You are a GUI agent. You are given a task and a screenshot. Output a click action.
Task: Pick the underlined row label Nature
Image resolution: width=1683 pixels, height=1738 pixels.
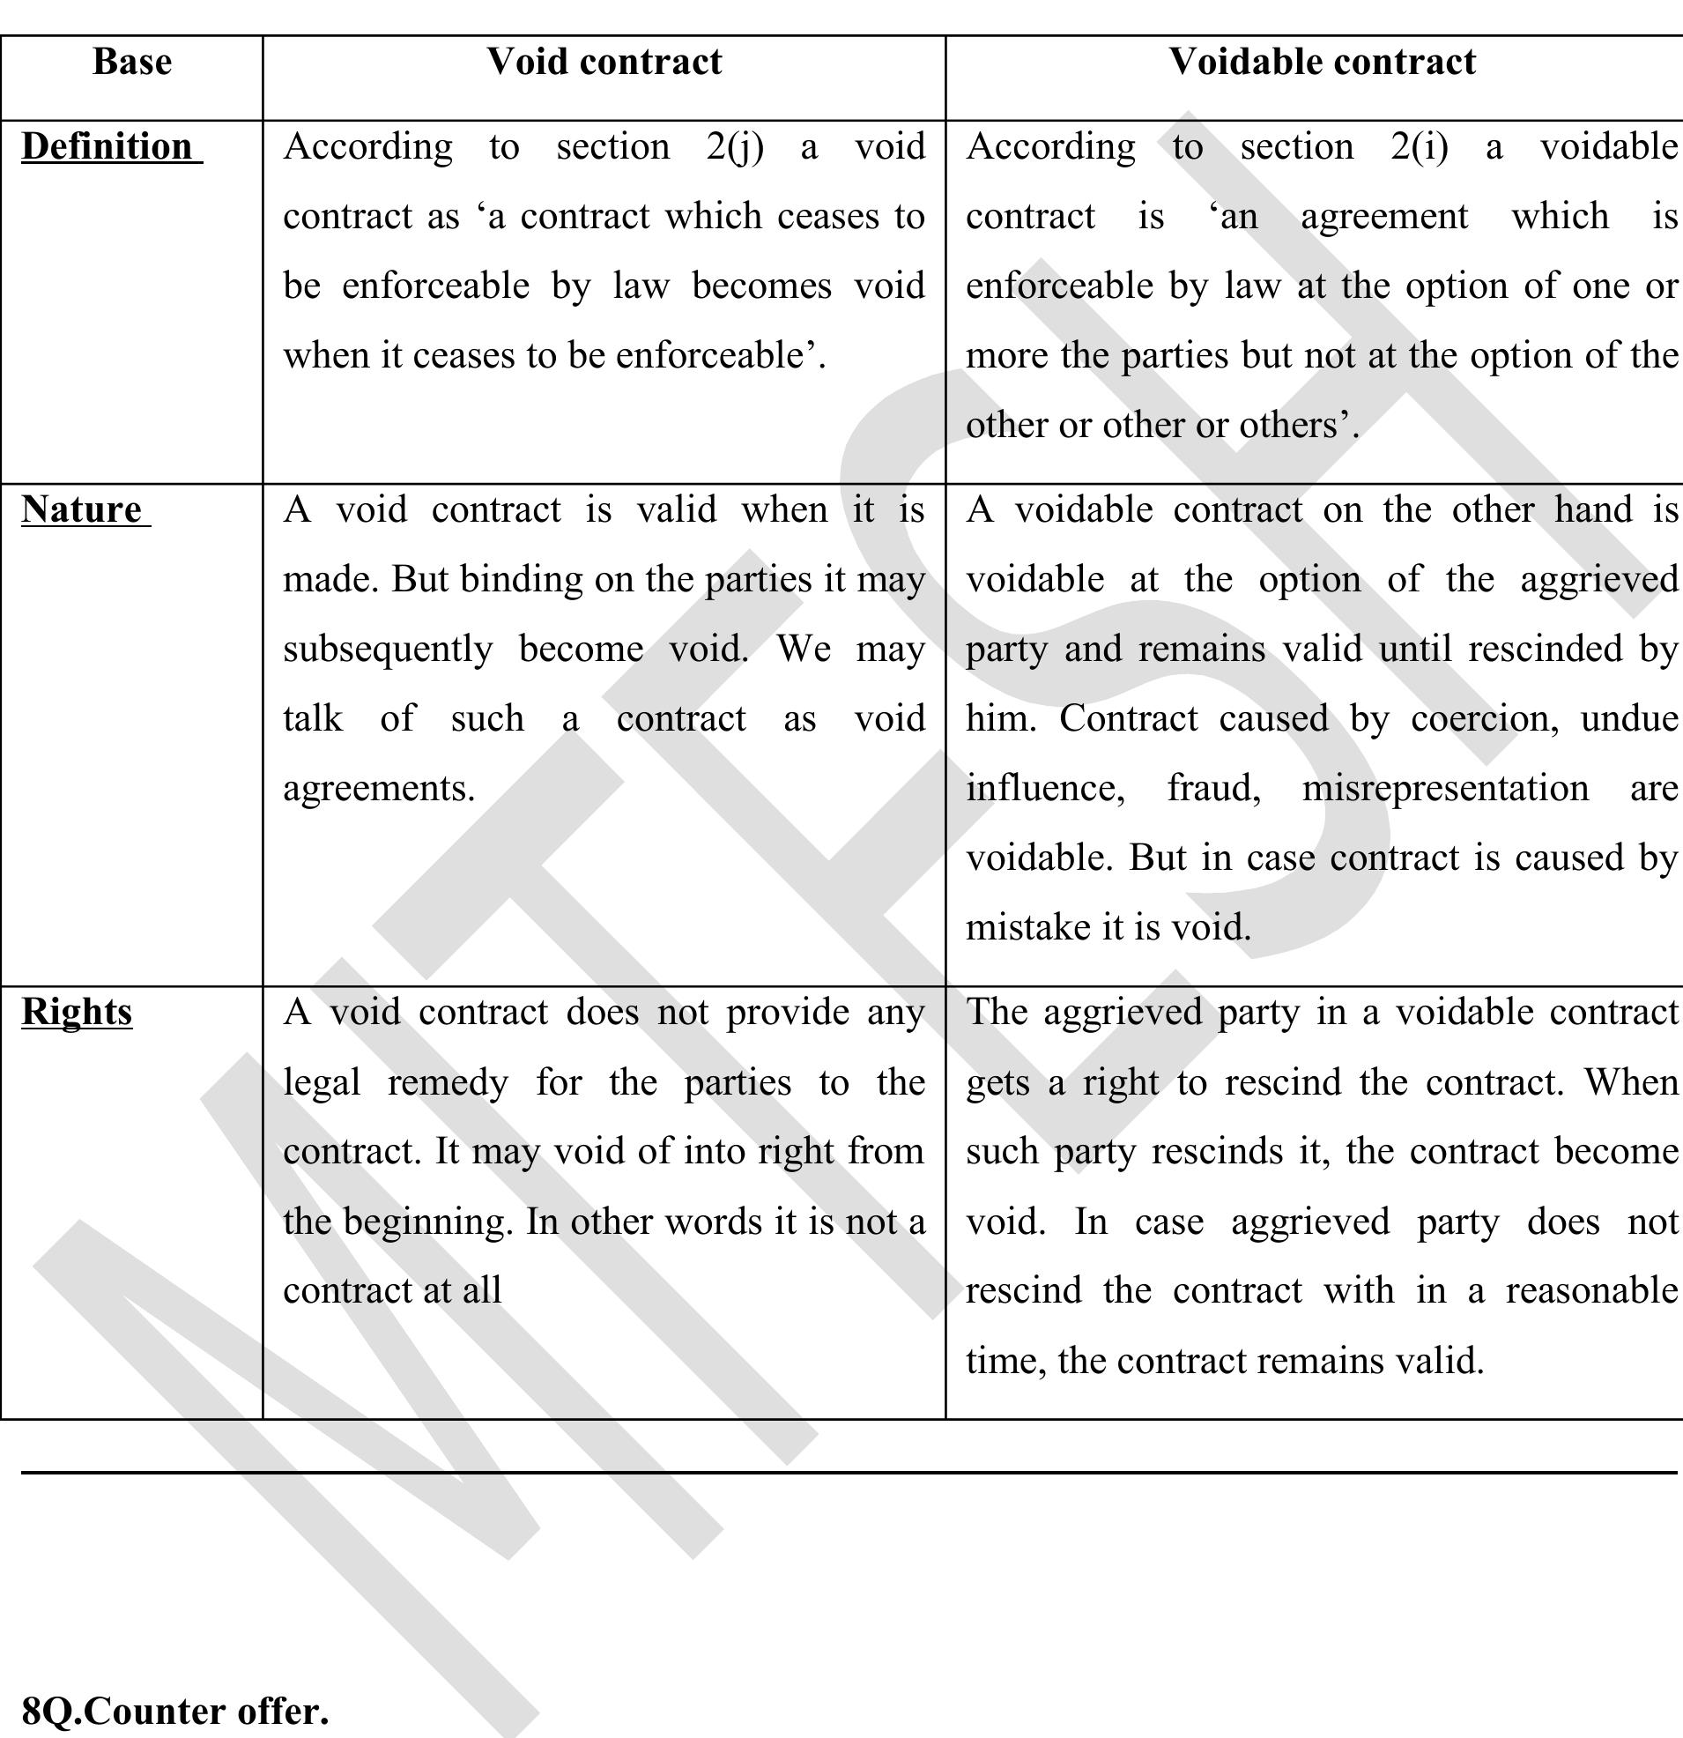82,510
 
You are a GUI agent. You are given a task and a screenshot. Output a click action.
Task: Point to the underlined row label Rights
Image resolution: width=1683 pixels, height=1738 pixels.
78,1012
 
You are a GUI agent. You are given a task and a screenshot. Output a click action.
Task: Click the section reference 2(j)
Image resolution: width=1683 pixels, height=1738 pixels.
735,147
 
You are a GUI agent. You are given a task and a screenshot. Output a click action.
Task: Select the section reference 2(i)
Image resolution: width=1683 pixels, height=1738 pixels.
1419,147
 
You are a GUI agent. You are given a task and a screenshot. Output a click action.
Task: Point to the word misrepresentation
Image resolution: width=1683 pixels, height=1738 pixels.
1444,788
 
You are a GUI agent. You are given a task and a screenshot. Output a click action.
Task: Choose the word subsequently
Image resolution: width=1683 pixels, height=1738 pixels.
388,649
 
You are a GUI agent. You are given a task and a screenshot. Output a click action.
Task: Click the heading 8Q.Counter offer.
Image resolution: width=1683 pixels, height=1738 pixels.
174,1712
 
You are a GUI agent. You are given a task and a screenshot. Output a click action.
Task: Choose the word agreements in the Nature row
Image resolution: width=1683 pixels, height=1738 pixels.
379,788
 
